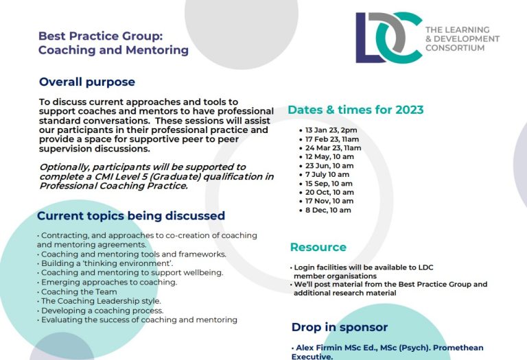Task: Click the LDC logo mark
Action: pos(389,37)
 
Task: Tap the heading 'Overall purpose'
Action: pos(87,82)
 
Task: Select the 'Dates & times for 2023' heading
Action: pos(355,110)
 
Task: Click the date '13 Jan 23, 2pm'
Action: pos(331,130)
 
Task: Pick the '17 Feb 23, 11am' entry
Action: pos(332,139)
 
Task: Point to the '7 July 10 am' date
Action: pos(327,175)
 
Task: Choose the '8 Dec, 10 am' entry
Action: pos(328,211)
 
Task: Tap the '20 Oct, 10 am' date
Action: pos(329,193)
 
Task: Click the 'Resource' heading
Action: pos(318,247)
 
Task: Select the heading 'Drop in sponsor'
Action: pos(340,327)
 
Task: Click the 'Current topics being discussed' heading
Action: pos(131,215)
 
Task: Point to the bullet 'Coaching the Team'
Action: pos(79,292)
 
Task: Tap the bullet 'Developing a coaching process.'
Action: pos(102,311)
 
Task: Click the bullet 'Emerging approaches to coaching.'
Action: pos(109,283)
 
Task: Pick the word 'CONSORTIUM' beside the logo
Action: pos(455,48)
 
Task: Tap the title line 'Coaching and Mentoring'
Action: pos(114,50)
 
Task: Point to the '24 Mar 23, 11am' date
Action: pos(333,148)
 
